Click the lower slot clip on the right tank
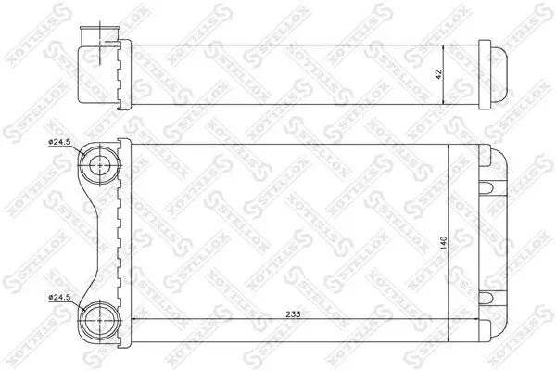click(x=486, y=297)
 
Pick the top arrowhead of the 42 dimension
click(x=449, y=45)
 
